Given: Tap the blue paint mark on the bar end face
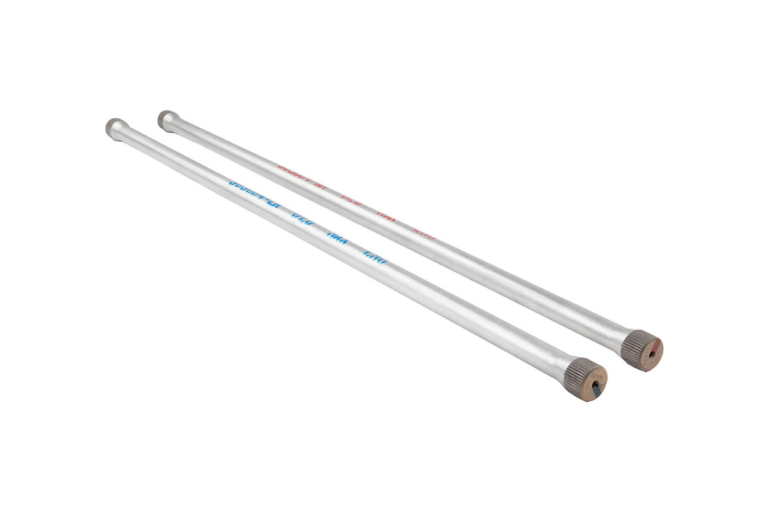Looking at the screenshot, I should [x=596, y=392].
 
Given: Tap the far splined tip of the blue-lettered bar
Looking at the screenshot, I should [x=114, y=126].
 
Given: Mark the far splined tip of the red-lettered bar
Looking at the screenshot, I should [x=166, y=118].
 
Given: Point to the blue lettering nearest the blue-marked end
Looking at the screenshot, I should [x=374, y=257].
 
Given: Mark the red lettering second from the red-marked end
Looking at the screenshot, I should [x=386, y=217].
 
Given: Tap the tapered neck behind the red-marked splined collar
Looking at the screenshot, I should [x=617, y=339].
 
